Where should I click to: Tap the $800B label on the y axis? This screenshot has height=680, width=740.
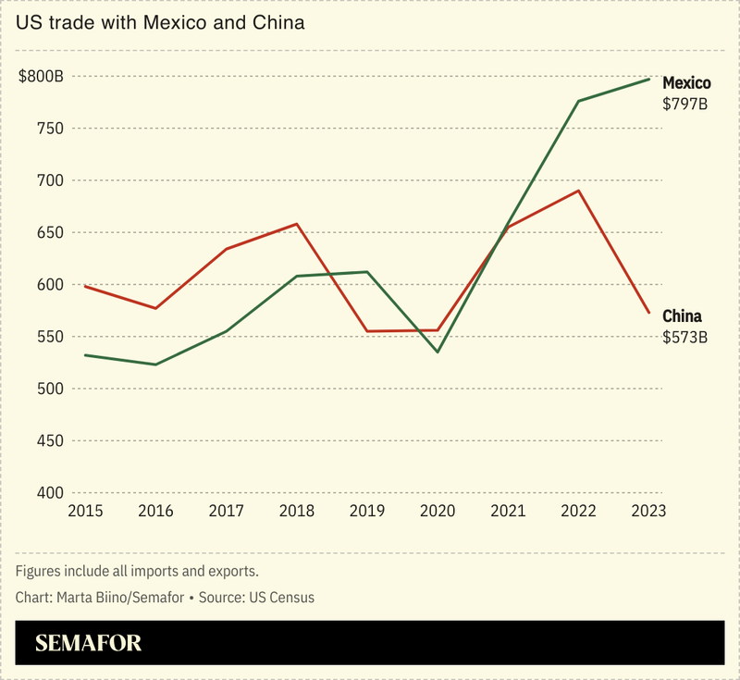[x=41, y=77]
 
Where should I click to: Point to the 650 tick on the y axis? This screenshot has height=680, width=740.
[x=47, y=233]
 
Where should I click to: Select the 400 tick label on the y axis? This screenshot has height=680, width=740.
[x=47, y=493]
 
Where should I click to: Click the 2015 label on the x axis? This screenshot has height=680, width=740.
[x=84, y=510]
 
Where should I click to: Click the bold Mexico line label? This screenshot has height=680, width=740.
[x=686, y=84]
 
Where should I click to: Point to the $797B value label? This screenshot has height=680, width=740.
[x=684, y=105]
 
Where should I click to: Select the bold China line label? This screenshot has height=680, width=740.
[x=682, y=316]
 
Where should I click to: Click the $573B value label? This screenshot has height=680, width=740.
[x=684, y=337]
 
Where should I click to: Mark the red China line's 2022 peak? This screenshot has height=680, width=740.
[x=579, y=191]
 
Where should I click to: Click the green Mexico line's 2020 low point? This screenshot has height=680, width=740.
[x=438, y=352]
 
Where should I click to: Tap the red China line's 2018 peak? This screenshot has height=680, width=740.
[x=296, y=224]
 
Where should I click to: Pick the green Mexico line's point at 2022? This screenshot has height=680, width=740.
[x=578, y=101]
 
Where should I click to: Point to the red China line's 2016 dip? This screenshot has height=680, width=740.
[x=154, y=308]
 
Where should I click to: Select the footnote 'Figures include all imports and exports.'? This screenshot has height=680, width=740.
[x=136, y=570]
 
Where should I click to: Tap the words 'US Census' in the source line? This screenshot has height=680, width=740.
[x=279, y=597]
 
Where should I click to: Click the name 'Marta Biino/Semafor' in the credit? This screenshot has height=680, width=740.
[x=117, y=597]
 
